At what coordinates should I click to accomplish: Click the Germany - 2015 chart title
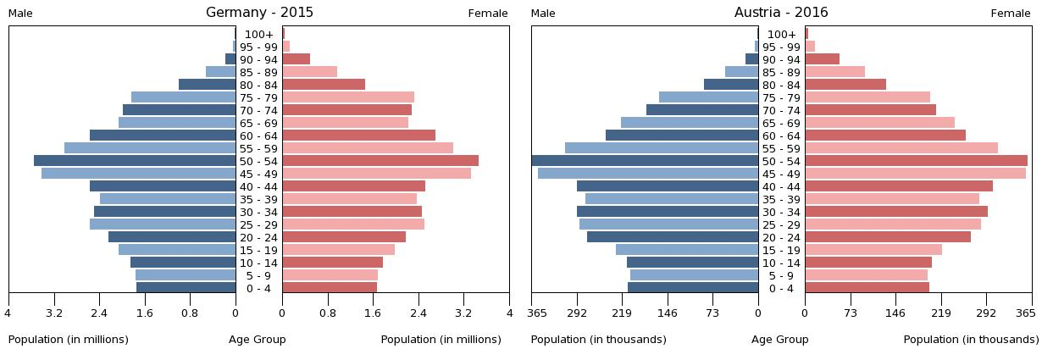tap(259, 13)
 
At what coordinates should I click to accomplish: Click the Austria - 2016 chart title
tap(781, 13)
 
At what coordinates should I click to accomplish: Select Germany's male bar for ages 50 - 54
tap(135, 161)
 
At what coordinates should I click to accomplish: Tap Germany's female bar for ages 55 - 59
tap(368, 148)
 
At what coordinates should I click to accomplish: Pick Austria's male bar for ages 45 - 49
tap(648, 174)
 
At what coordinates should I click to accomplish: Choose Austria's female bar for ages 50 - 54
tap(916, 161)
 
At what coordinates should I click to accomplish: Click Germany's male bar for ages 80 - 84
tap(208, 85)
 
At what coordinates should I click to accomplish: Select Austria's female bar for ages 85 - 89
tap(834, 72)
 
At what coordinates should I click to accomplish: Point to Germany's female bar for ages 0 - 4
tap(330, 288)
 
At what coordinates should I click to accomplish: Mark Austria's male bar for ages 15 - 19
tap(687, 250)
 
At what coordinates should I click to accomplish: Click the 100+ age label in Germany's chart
tap(259, 34)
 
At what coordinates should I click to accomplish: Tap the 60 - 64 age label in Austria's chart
tap(781, 136)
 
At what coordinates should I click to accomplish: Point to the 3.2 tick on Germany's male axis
tap(54, 313)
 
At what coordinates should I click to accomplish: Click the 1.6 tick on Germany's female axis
tap(373, 313)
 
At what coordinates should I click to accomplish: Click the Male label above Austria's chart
tap(543, 14)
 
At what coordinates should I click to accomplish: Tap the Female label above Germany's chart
tap(488, 14)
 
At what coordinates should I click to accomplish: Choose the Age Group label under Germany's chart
tap(258, 340)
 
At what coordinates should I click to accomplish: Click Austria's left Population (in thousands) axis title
tap(598, 340)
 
